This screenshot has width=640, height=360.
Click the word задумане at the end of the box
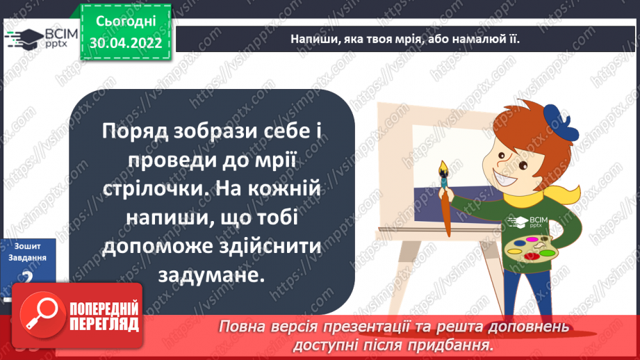point(212,275)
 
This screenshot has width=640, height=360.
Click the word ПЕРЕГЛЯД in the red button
point(104,323)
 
